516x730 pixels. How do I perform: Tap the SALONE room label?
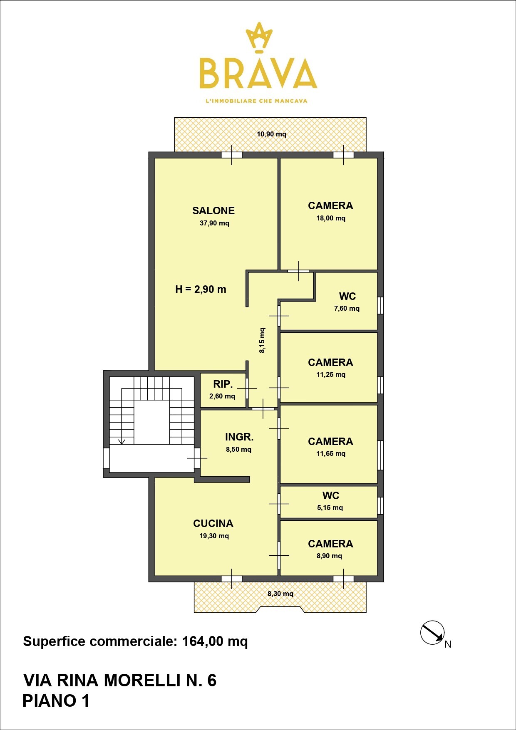[x=213, y=210]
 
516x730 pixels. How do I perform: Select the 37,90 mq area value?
[x=214, y=223]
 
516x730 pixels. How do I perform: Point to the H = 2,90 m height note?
[x=201, y=289]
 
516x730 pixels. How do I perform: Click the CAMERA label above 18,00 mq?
[x=330, y=205]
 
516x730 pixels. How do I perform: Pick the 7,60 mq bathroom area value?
[x=347, y=308]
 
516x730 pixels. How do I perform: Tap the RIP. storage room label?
[x=223, y=384]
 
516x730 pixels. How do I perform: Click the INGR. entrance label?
[x=239, y=437]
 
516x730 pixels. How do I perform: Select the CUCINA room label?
[x=213, y=523]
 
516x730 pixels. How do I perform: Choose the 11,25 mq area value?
[x=331, y=374]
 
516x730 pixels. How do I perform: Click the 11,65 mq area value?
[x=331, y=453]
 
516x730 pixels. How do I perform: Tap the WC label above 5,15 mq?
[x=331, y=495]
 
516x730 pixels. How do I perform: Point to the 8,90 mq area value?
[x=329, y=556]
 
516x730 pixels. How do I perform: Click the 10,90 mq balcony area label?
[x=271, y=134]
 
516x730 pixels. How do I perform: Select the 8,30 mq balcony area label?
[x=280, y=594]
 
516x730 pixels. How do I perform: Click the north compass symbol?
[x=432, y=633]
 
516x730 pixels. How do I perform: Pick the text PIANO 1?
[x=56, y=701]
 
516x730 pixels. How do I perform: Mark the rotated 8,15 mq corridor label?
[x=262, y=340]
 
